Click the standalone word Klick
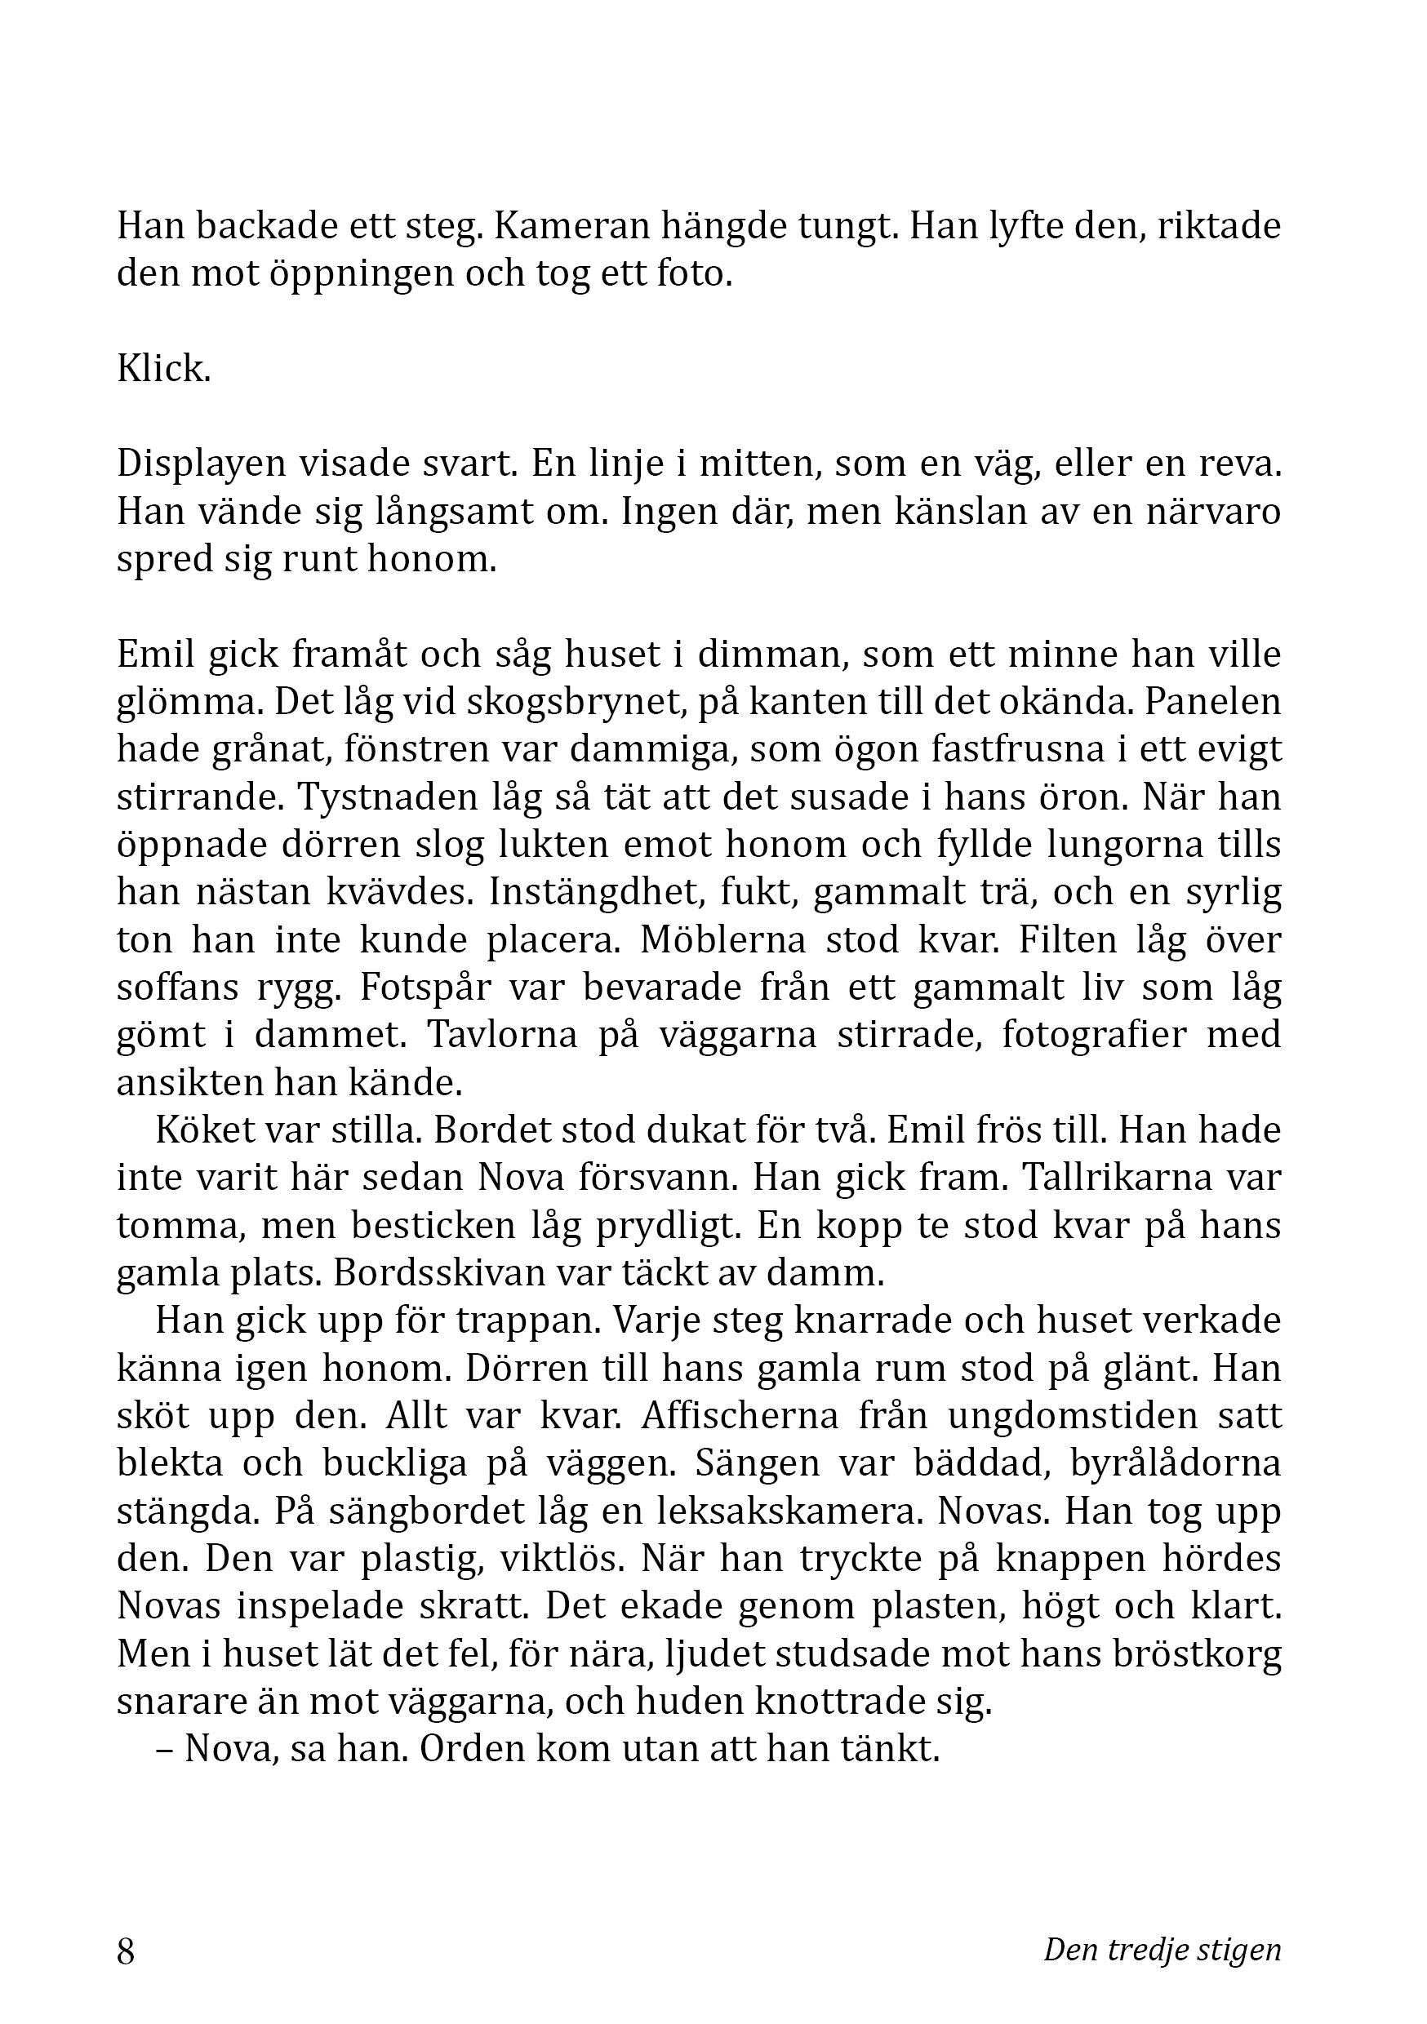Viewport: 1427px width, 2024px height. (163, 368)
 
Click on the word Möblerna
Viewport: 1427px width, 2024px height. (723, 939)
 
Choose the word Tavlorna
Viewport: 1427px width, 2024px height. (502, 1035)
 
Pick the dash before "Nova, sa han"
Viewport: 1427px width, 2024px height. (164, 1749)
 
